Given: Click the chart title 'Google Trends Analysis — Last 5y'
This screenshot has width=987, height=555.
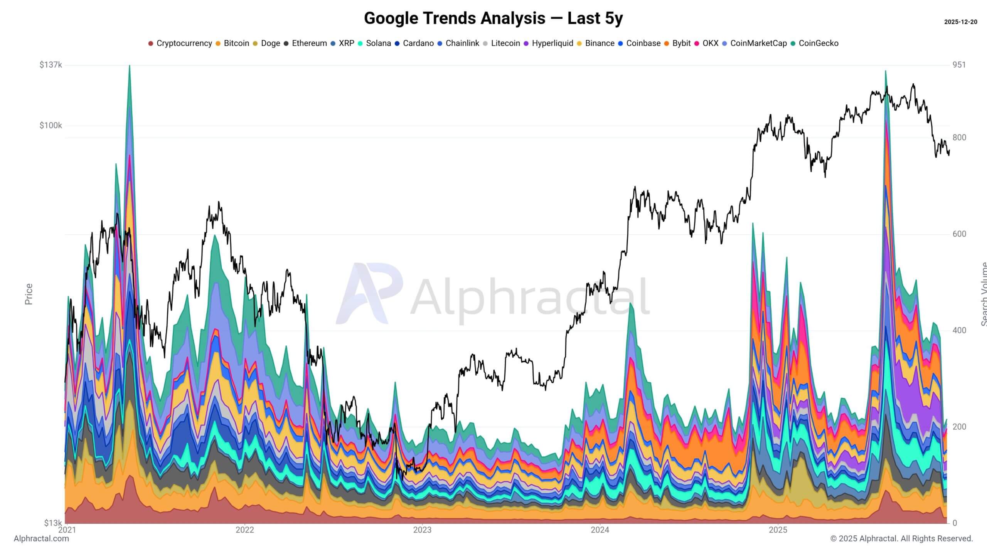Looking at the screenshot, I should coord(493,18).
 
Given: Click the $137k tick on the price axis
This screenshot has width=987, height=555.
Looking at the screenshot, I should coord(51,65).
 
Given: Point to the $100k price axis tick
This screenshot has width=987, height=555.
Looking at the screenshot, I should coord(51,126).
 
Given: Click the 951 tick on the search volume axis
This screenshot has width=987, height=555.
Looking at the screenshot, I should coord(959,65).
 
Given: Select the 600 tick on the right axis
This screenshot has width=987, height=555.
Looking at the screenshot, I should coord(959,234).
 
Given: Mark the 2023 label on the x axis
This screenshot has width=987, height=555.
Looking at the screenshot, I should coord(422,530).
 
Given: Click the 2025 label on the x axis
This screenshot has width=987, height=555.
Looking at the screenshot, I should coord(778,530).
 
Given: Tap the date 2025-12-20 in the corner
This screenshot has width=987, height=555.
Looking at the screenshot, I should coord(960,22).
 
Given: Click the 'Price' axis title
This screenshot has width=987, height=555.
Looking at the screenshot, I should coord(29,294).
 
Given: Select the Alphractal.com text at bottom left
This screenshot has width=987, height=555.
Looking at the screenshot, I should coord(41,538).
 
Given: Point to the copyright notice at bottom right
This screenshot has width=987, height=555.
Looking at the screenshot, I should coord(901,538).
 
